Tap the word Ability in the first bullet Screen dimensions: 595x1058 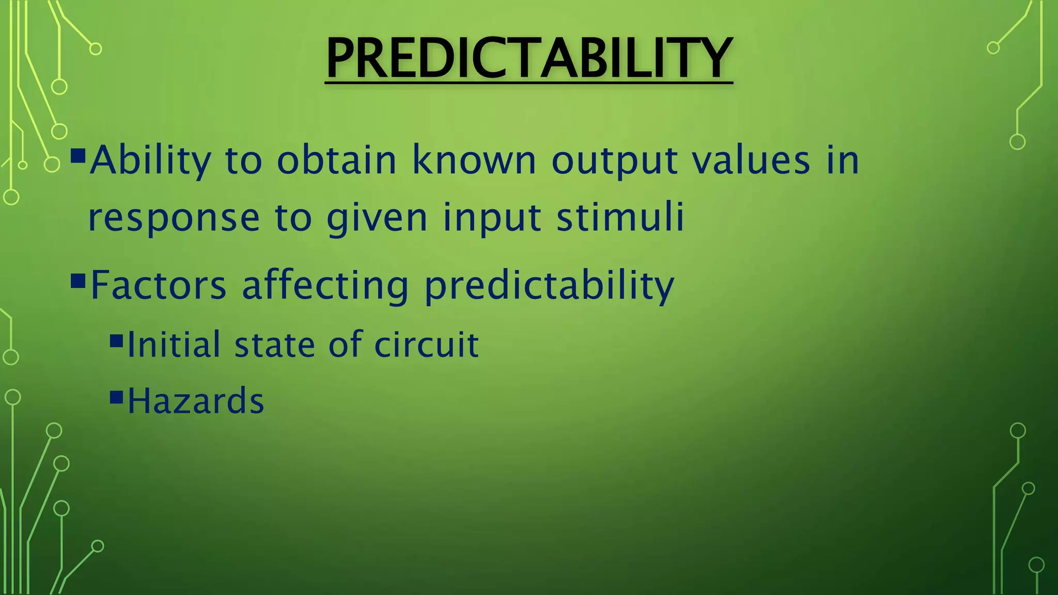(150, 161)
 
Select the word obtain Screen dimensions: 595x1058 (336, 161)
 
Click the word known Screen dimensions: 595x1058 (474, 161)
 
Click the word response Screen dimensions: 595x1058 (174, 219)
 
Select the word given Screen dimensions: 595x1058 (377, 219)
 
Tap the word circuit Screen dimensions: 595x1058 (426, 345)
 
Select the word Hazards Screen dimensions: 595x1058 (196, 401)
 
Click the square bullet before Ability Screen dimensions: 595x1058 (78, 155)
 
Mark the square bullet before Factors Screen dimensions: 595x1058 (78, 280)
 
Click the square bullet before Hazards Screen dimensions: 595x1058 (117, 397)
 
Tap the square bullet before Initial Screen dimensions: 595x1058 (117, 340)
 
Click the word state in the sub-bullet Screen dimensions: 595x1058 (274, 345)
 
